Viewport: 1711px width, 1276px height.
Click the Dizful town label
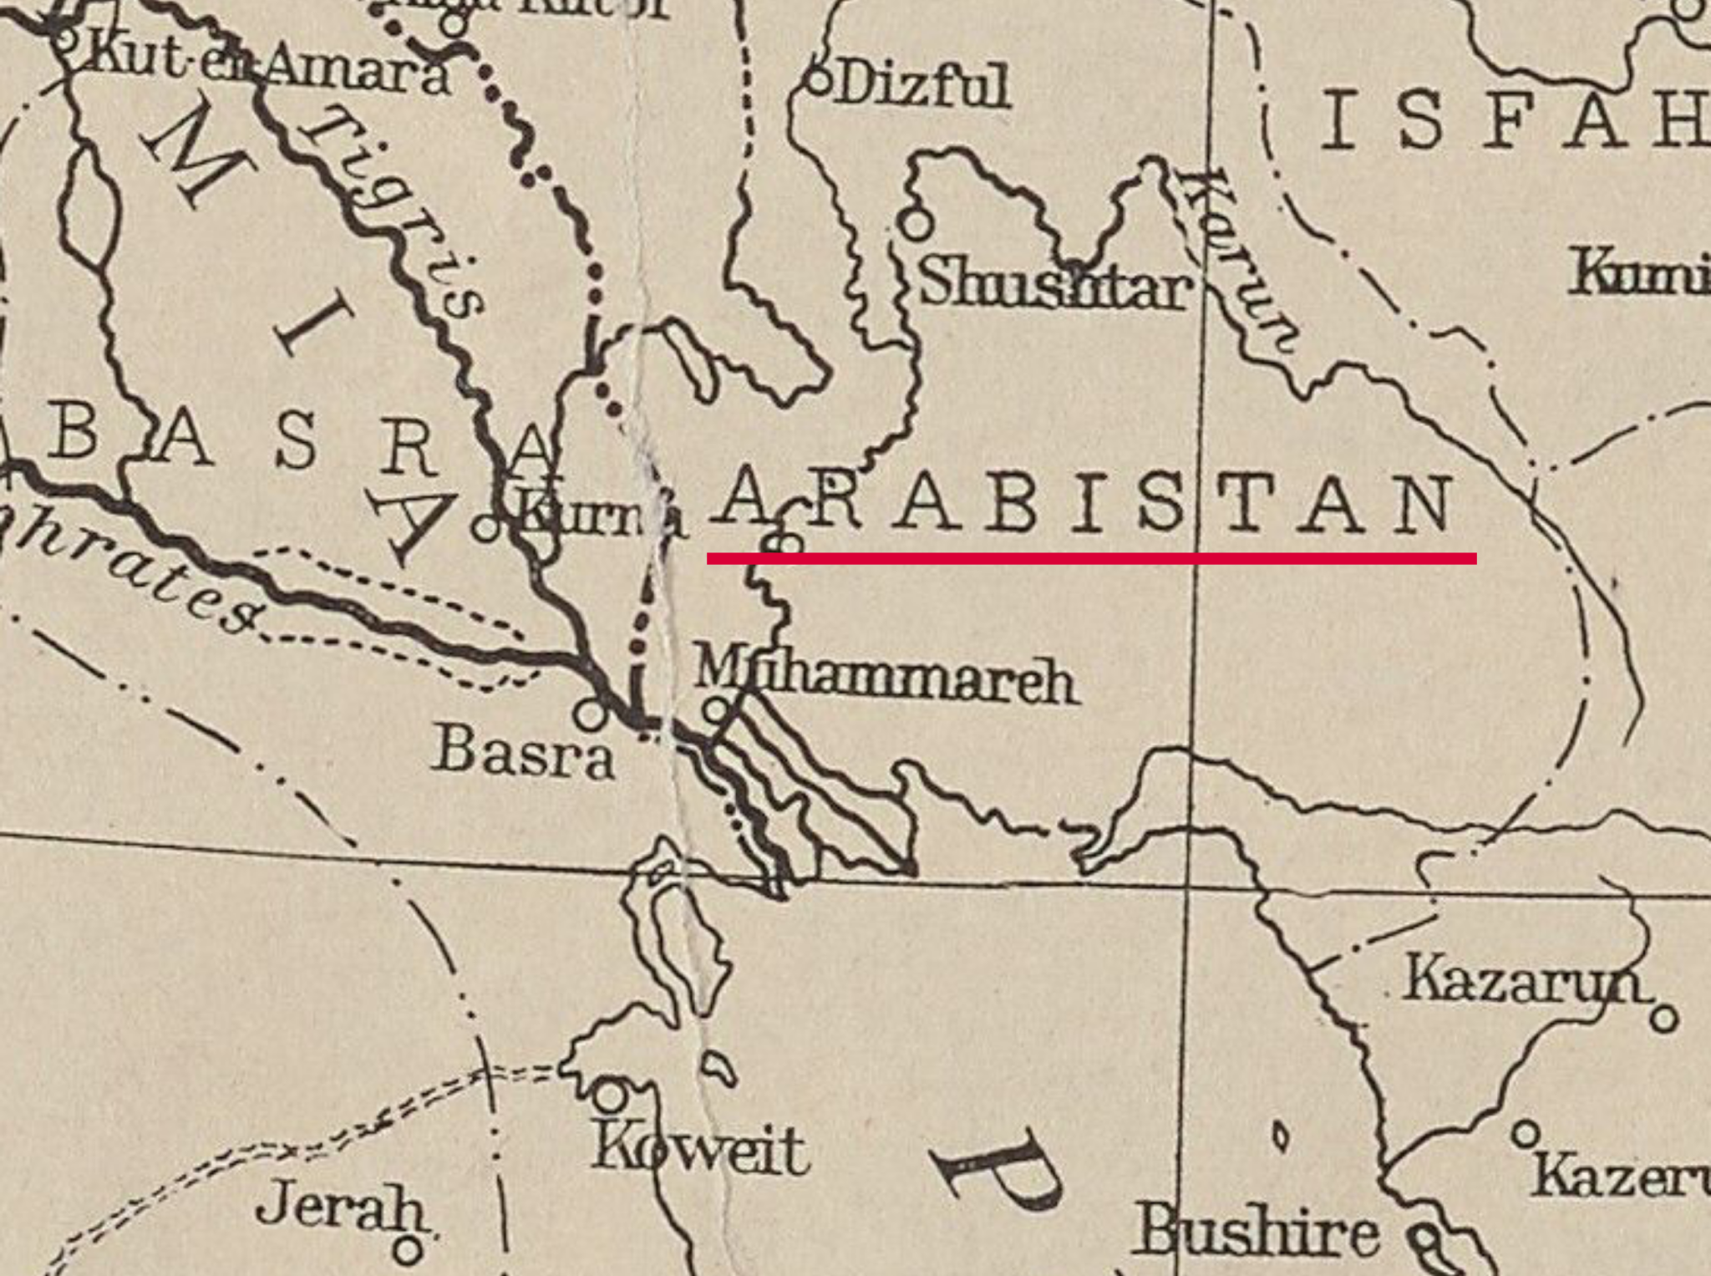pyautogui.click(x=924, y=86)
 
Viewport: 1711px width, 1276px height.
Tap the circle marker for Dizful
pyautogui.click(x=820, y=82)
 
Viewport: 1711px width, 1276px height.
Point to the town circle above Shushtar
pyautogui.click(x=916, y=223)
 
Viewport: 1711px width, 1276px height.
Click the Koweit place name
pyautogui.click(x=700, y=1151)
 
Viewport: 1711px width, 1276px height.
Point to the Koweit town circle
pyautogui.click(x=611, y=1094)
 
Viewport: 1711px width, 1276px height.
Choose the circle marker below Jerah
pyautogui.click(x=408, y=1250)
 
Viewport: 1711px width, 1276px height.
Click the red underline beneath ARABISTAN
pyautogui.click(x=1091, y=558)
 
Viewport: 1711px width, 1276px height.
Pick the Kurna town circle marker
pyautogui.click(x=485, y=528)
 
